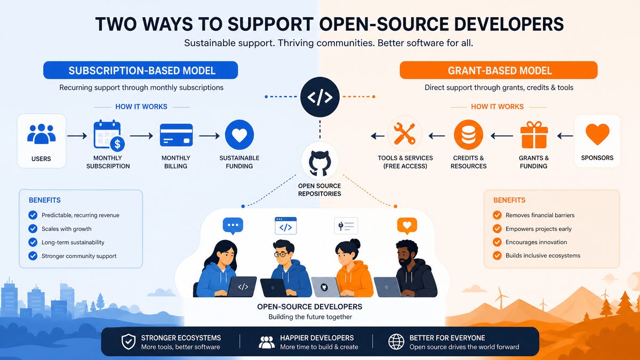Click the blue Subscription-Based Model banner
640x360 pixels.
coord(141,70)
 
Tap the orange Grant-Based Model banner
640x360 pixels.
coord(499,70)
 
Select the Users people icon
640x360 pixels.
coord(42,134)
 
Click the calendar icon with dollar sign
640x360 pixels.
coord(109,135)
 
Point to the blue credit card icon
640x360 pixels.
coord(176,135)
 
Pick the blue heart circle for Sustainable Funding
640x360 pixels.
coord(239,134)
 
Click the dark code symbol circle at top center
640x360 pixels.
coord(319,97)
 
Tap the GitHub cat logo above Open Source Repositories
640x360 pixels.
coord(319,163)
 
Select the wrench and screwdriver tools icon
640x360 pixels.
coord(405,133)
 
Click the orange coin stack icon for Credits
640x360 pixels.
coord(468,134)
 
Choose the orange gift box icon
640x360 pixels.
coord(534,135)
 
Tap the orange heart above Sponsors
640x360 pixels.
coord(597,134)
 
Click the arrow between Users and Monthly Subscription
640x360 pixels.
coord(77,135)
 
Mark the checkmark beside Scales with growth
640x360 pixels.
coord(33,229)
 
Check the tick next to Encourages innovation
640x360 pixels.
coord(497,242)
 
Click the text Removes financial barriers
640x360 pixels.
coord(540,215)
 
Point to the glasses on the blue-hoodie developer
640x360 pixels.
coord(281,254)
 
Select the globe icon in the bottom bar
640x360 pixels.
coord(396,342)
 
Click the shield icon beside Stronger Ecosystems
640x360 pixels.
coord(129,342)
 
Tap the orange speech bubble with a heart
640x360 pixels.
coord(407,226)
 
